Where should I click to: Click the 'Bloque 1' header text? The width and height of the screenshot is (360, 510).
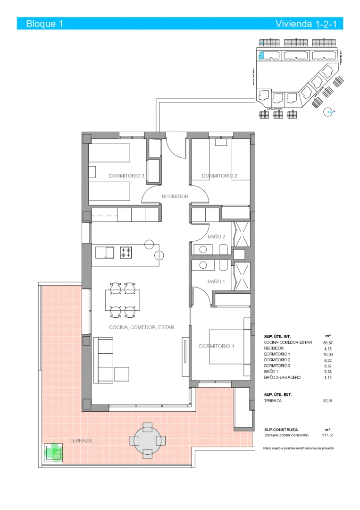coord(44,24)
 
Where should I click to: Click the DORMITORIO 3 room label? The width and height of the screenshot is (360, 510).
coord(126,176)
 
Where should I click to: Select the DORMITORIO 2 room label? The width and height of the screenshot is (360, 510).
coord(219,176)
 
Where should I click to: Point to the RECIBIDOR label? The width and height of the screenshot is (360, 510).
coord(175,196)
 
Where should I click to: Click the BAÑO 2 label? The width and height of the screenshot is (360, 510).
coord(217,237)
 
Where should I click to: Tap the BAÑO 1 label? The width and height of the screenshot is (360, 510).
coord(217,281)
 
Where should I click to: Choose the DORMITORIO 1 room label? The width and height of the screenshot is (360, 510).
coord(217,346)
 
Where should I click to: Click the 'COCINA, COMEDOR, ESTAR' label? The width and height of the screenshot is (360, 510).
coord(142,327)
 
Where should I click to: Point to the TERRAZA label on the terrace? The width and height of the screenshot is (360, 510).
coord(80,440)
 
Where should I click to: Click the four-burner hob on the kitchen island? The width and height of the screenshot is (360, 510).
coord(126,252)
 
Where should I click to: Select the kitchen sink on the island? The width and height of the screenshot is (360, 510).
coord(105,253)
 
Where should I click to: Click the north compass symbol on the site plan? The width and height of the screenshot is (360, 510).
coord(328,112)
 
